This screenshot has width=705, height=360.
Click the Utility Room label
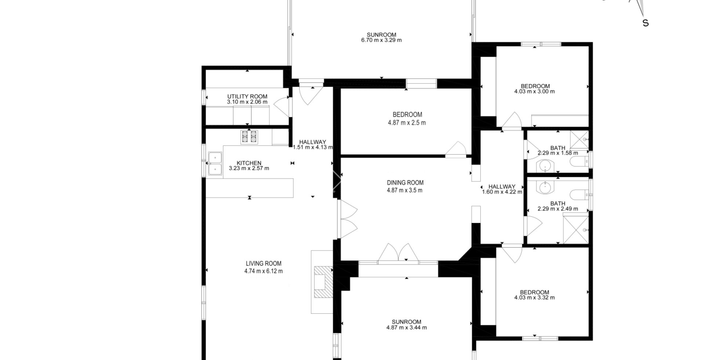[x=247, y=97]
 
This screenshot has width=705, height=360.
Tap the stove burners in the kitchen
[x=249, y=137]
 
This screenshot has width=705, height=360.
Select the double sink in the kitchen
[x=215, y=163]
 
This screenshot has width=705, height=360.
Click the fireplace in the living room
[x=323, y=282]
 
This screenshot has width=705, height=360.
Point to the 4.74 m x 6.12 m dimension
[x=263, y=271]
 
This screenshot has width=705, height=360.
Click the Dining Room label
[x=405, y=183]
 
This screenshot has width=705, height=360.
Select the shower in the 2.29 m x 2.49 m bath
[x=575, y=230]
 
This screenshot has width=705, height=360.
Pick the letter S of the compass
[x=645, y=23]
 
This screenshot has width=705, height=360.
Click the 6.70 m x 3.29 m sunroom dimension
[x=381, y=40]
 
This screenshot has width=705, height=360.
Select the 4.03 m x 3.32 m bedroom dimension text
[x=534, y=298]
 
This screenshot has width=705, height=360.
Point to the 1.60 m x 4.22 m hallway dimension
[x=502, y=192]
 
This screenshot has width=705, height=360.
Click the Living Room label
[x=263, y=263]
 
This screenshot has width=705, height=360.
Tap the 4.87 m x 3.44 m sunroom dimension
[x=406, y=328]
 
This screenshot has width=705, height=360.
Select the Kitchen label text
[x=249, y=163]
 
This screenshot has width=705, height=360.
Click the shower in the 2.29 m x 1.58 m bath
[x=579, y=139]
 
